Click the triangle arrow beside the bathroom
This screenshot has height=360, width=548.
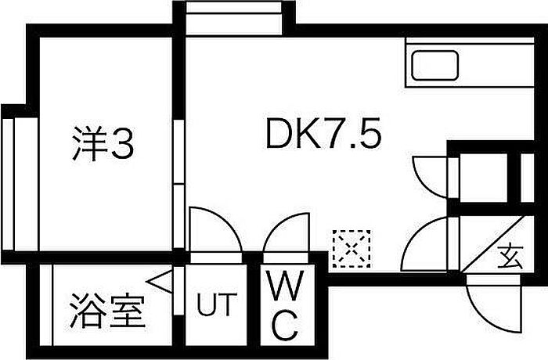pyautogui.click(x=160, y=282)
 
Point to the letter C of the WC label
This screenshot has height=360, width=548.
pyautogui.click(x=286, y=324)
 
